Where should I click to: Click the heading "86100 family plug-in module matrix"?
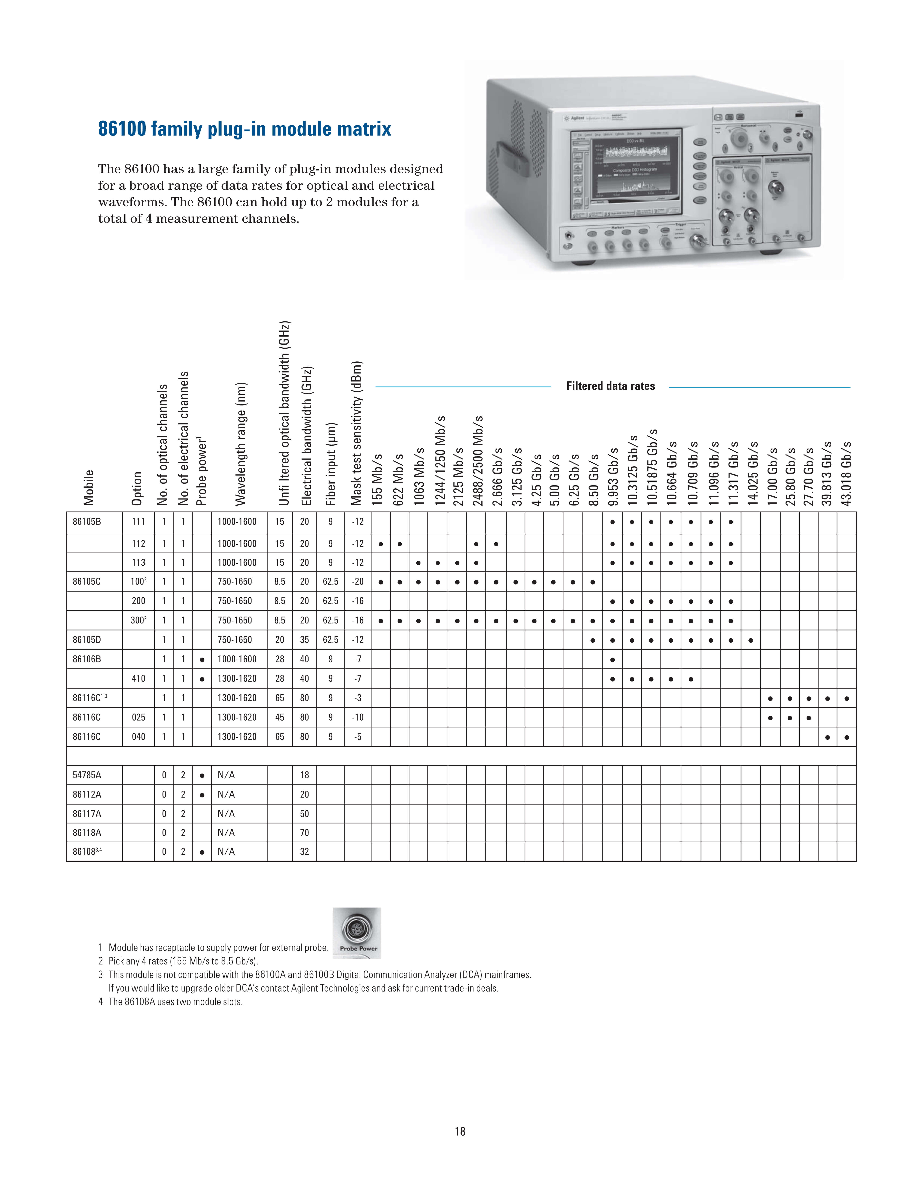pos(245,129)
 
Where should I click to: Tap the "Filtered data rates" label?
pos(611,386)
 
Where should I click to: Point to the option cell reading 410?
pos(138,678)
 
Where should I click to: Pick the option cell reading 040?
pos(138,737)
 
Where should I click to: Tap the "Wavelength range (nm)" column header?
pos(240,444)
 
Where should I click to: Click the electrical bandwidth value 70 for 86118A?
pos(304,833)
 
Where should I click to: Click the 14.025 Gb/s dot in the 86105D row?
pos(751,640)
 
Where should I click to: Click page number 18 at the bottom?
pos(460,1132)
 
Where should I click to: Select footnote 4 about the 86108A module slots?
pos(171,1002)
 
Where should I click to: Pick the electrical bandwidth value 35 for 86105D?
pos(304,640)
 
